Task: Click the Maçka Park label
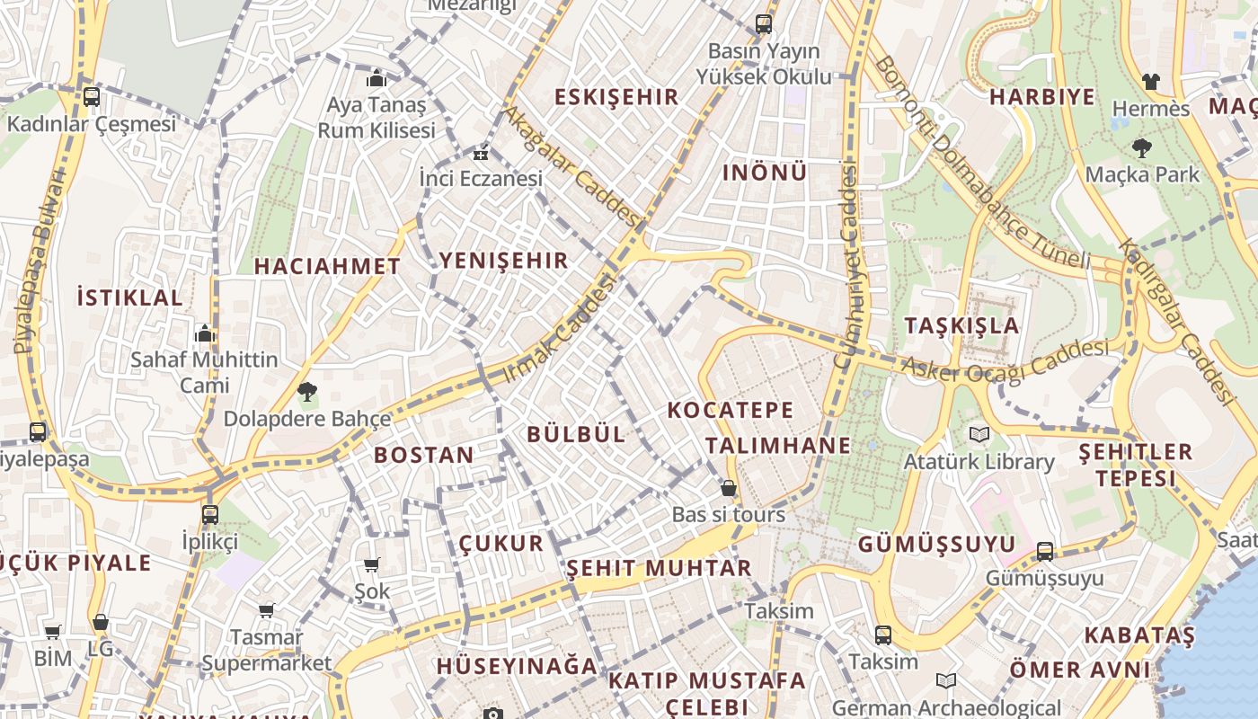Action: pyautogui.click(x=1142, y=173)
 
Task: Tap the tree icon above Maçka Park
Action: pyautogui.click(x=1142, y=147)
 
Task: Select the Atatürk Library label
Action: pyautogui.click(x=979, y=461)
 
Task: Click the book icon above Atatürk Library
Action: pyautogui.click(x=979, y=435)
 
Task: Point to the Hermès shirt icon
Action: pyautogui.click(x=1151, y=82)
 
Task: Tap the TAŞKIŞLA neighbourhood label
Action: pyautogui.click(x=962, y=325)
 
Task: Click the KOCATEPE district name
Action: pyautogui.click(x=731, y=411)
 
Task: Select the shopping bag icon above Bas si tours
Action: pyautogui.click(x=729, y=489)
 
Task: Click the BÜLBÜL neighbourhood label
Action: pyautogui.click(x=576, y=433)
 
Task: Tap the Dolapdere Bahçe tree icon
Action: pyautogui.click(x=306, y=392)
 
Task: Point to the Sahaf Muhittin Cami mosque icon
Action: pyautogui.click(x=205, y=333)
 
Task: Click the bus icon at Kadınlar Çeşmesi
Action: pyautogui.click(x=91, y=97)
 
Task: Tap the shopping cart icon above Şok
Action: pyautogui.click(x=371, y=565)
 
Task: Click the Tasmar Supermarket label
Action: pyautogui.click(x=266, y=650)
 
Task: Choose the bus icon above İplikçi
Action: pyautogui.click(x=209, y=515)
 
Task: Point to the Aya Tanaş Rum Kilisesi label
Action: pyautogui.click(x=376, y=117)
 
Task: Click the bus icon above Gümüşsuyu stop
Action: pyautogui.click(x=1045, y=551)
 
